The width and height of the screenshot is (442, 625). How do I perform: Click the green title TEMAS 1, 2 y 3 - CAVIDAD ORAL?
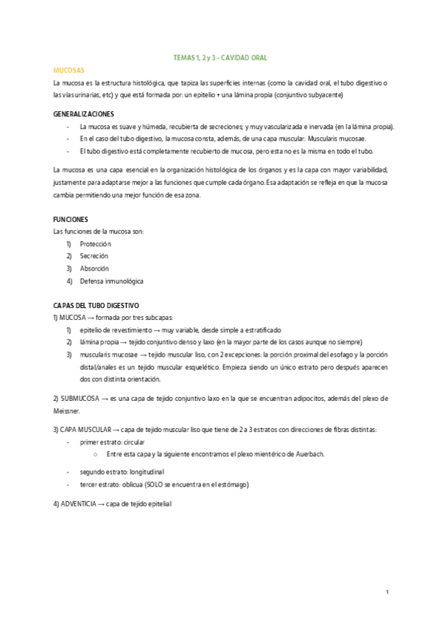point(220,57)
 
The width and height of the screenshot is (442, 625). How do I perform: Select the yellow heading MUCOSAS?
point(69,69)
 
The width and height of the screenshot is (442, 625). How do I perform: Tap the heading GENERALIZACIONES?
point(84,114)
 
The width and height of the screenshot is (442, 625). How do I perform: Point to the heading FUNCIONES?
point(71,220)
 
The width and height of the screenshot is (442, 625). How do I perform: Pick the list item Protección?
point(95,244)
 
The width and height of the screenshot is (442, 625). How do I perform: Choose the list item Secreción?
point(94,256)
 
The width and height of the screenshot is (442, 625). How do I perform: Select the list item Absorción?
point(94,268)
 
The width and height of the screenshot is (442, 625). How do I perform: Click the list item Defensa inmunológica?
point(111,281)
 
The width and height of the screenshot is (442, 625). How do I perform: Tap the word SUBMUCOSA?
point(80,398)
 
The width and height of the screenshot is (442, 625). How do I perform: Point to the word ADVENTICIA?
point(79,504)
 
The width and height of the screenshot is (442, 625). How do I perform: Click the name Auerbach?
point(307,454)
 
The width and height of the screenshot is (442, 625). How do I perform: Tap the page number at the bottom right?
point(387,593)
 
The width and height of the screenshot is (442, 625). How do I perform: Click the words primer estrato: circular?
point(112,441)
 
